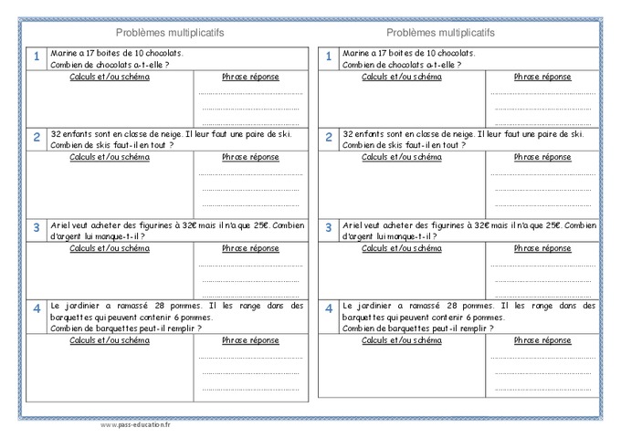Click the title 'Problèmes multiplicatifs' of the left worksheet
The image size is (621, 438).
(171, 33)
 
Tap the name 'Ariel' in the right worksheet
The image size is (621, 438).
(354, 224)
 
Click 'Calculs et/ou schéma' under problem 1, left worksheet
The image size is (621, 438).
(110, 77)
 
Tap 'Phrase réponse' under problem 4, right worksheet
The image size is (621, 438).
(542, 339)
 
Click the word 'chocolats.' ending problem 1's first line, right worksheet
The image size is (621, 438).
(443, 54)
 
